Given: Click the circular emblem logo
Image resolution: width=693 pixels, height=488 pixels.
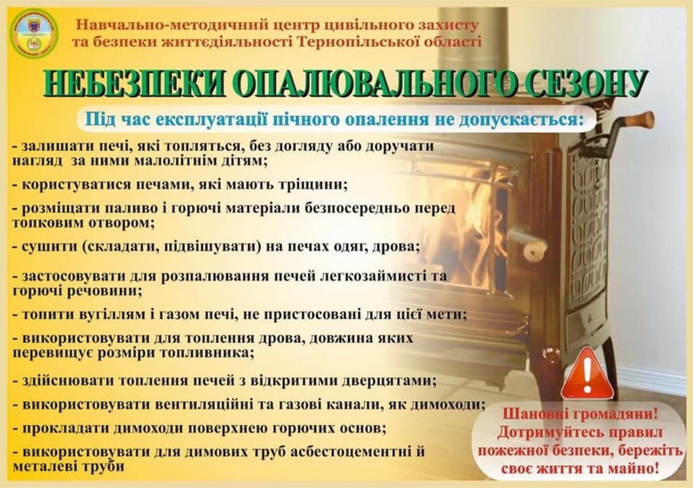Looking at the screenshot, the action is click(34, 33).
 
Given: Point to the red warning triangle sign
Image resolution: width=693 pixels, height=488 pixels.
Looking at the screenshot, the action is click(587, 374).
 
